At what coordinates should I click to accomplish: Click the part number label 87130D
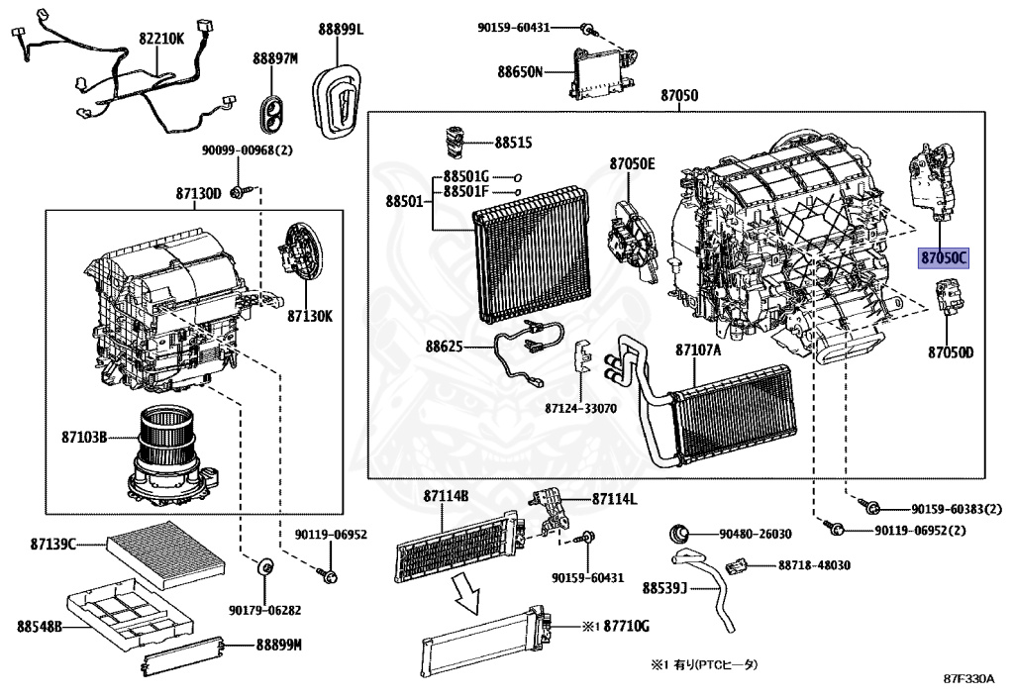198,193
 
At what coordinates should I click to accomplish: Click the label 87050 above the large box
679,96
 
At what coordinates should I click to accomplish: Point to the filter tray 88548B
128,611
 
